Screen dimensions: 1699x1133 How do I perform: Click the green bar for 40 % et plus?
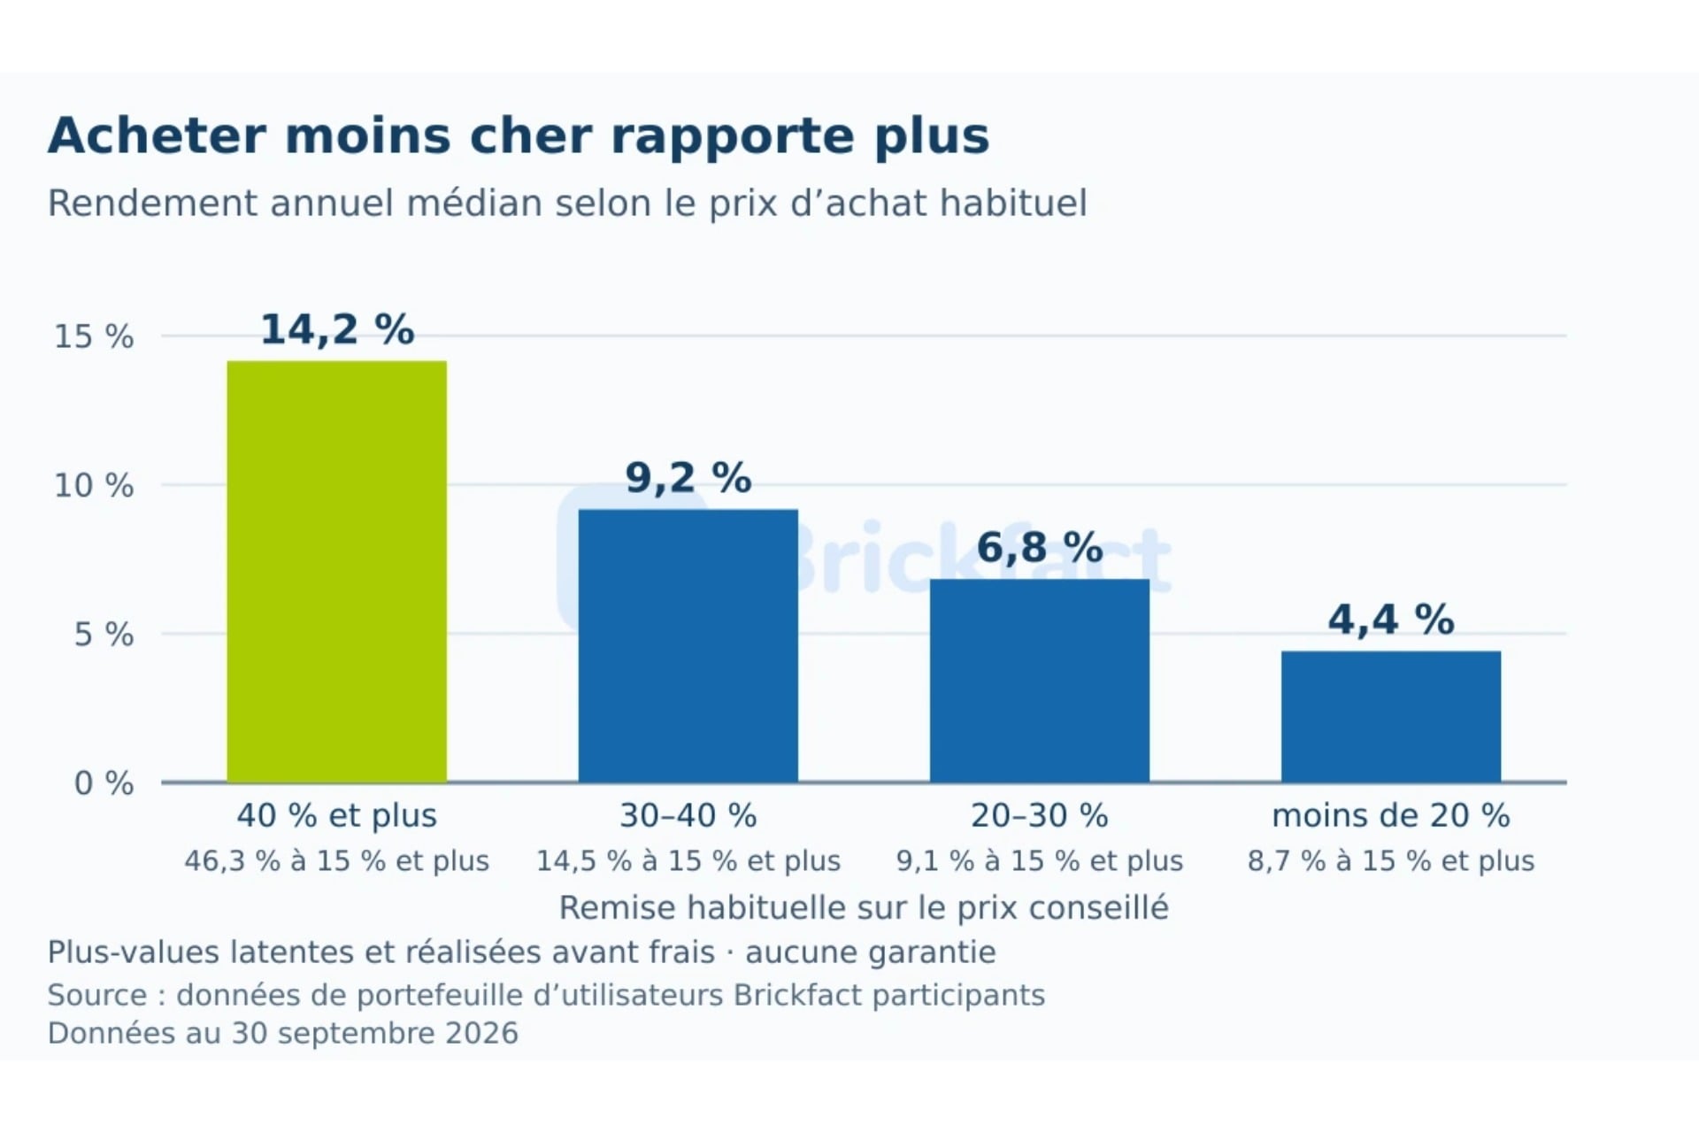(x=337, y=572)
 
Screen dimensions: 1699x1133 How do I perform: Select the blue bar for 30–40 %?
(x=688, y=646)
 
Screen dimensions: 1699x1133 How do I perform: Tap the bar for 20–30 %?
(x=1040, y=681)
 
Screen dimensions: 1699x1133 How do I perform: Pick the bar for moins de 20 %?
(x=1391, y=717)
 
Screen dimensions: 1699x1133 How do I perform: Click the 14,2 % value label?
(x=337, y=330)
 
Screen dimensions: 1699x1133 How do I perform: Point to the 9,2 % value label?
(x=688, y=479)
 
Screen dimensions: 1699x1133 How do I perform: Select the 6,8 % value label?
(x=1040, y=548)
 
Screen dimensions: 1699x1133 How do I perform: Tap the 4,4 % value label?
(x=1391, y=620)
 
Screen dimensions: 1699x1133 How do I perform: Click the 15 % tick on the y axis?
(x=94, y=337)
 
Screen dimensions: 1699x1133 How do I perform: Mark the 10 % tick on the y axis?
(x=94, y=486)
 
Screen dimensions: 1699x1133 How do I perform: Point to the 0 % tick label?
(x=104, y=783)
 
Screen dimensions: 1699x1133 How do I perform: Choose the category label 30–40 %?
(x=688, y=816)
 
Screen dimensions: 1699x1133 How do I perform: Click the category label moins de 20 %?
(x=1391, y=816)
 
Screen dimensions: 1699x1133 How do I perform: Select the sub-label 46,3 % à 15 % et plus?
(x=337, y=861)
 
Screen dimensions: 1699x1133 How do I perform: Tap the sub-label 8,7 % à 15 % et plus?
(x=1391, y=861)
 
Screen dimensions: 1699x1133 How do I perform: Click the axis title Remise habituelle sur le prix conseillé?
(x=864, y=908)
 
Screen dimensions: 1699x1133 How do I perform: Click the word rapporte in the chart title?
(x=733, y=138)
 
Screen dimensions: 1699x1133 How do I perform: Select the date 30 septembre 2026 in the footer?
(x=374, y=1034)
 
